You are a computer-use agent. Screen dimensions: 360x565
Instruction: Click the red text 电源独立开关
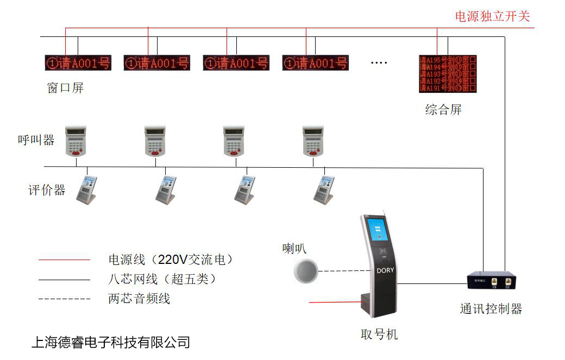[x=492, y=16]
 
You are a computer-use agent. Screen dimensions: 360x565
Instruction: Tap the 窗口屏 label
[x=65, y=88]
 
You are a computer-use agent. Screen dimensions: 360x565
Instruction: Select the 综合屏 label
[x=443, y=110]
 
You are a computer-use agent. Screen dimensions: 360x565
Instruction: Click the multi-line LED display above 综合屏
[x=448, y=73]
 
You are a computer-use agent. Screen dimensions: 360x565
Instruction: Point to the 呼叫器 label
[x=36, y=140]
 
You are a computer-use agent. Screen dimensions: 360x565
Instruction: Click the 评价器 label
[x=47, y=190]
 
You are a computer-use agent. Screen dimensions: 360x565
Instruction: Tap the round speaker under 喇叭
[x=306, y=270]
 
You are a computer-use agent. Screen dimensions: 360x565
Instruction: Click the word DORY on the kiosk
[x=385, y=270]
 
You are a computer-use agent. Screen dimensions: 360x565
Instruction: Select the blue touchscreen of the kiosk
[x=379, y=229]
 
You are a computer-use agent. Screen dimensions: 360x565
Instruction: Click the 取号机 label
[x=379, y=334]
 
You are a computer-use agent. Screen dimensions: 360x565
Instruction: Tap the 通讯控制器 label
[x=491, y=310]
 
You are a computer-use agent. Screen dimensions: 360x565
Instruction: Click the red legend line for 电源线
[x=64, y=260]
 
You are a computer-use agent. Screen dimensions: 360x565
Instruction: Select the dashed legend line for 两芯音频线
[x=64, y=299]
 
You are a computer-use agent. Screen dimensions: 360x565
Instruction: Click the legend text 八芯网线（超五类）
[x=162, y=279]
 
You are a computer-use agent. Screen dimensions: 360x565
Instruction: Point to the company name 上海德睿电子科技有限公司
[x=111, y=342]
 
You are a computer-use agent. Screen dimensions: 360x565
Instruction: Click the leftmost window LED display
[x=77, y=63]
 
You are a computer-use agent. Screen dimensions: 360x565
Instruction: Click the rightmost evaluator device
[x=324, y=190]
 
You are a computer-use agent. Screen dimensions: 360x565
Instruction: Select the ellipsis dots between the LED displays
[x=379, y=62]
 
